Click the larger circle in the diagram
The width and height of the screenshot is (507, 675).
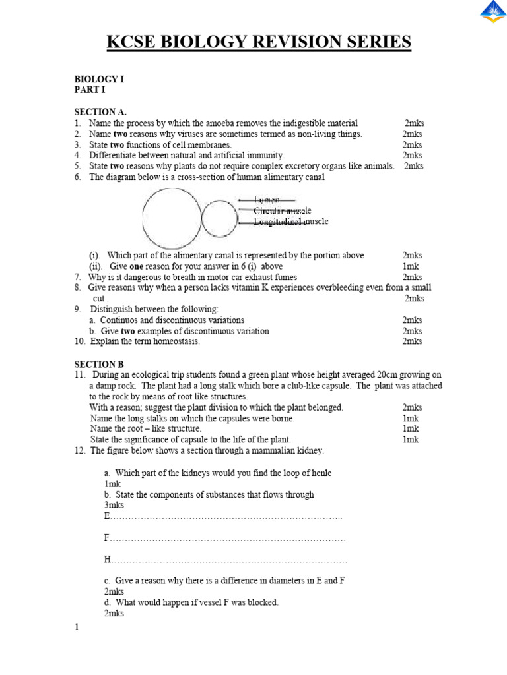click(x=172, y=218)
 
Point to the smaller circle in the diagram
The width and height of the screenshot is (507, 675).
click(x=219, y=219)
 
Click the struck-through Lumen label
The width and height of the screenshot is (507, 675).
click(x=267, y=200)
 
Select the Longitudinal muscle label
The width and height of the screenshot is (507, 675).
click(x=291, y=221)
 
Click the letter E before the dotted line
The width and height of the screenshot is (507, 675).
click(x=106, y=516)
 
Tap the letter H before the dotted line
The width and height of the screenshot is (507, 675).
click(x=107, y=560)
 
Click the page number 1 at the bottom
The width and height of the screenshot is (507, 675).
click(x=77, y=627)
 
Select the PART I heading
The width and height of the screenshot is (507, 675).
click(x=89, y=90)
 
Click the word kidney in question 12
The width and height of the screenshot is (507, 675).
click(x=308, y=450)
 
